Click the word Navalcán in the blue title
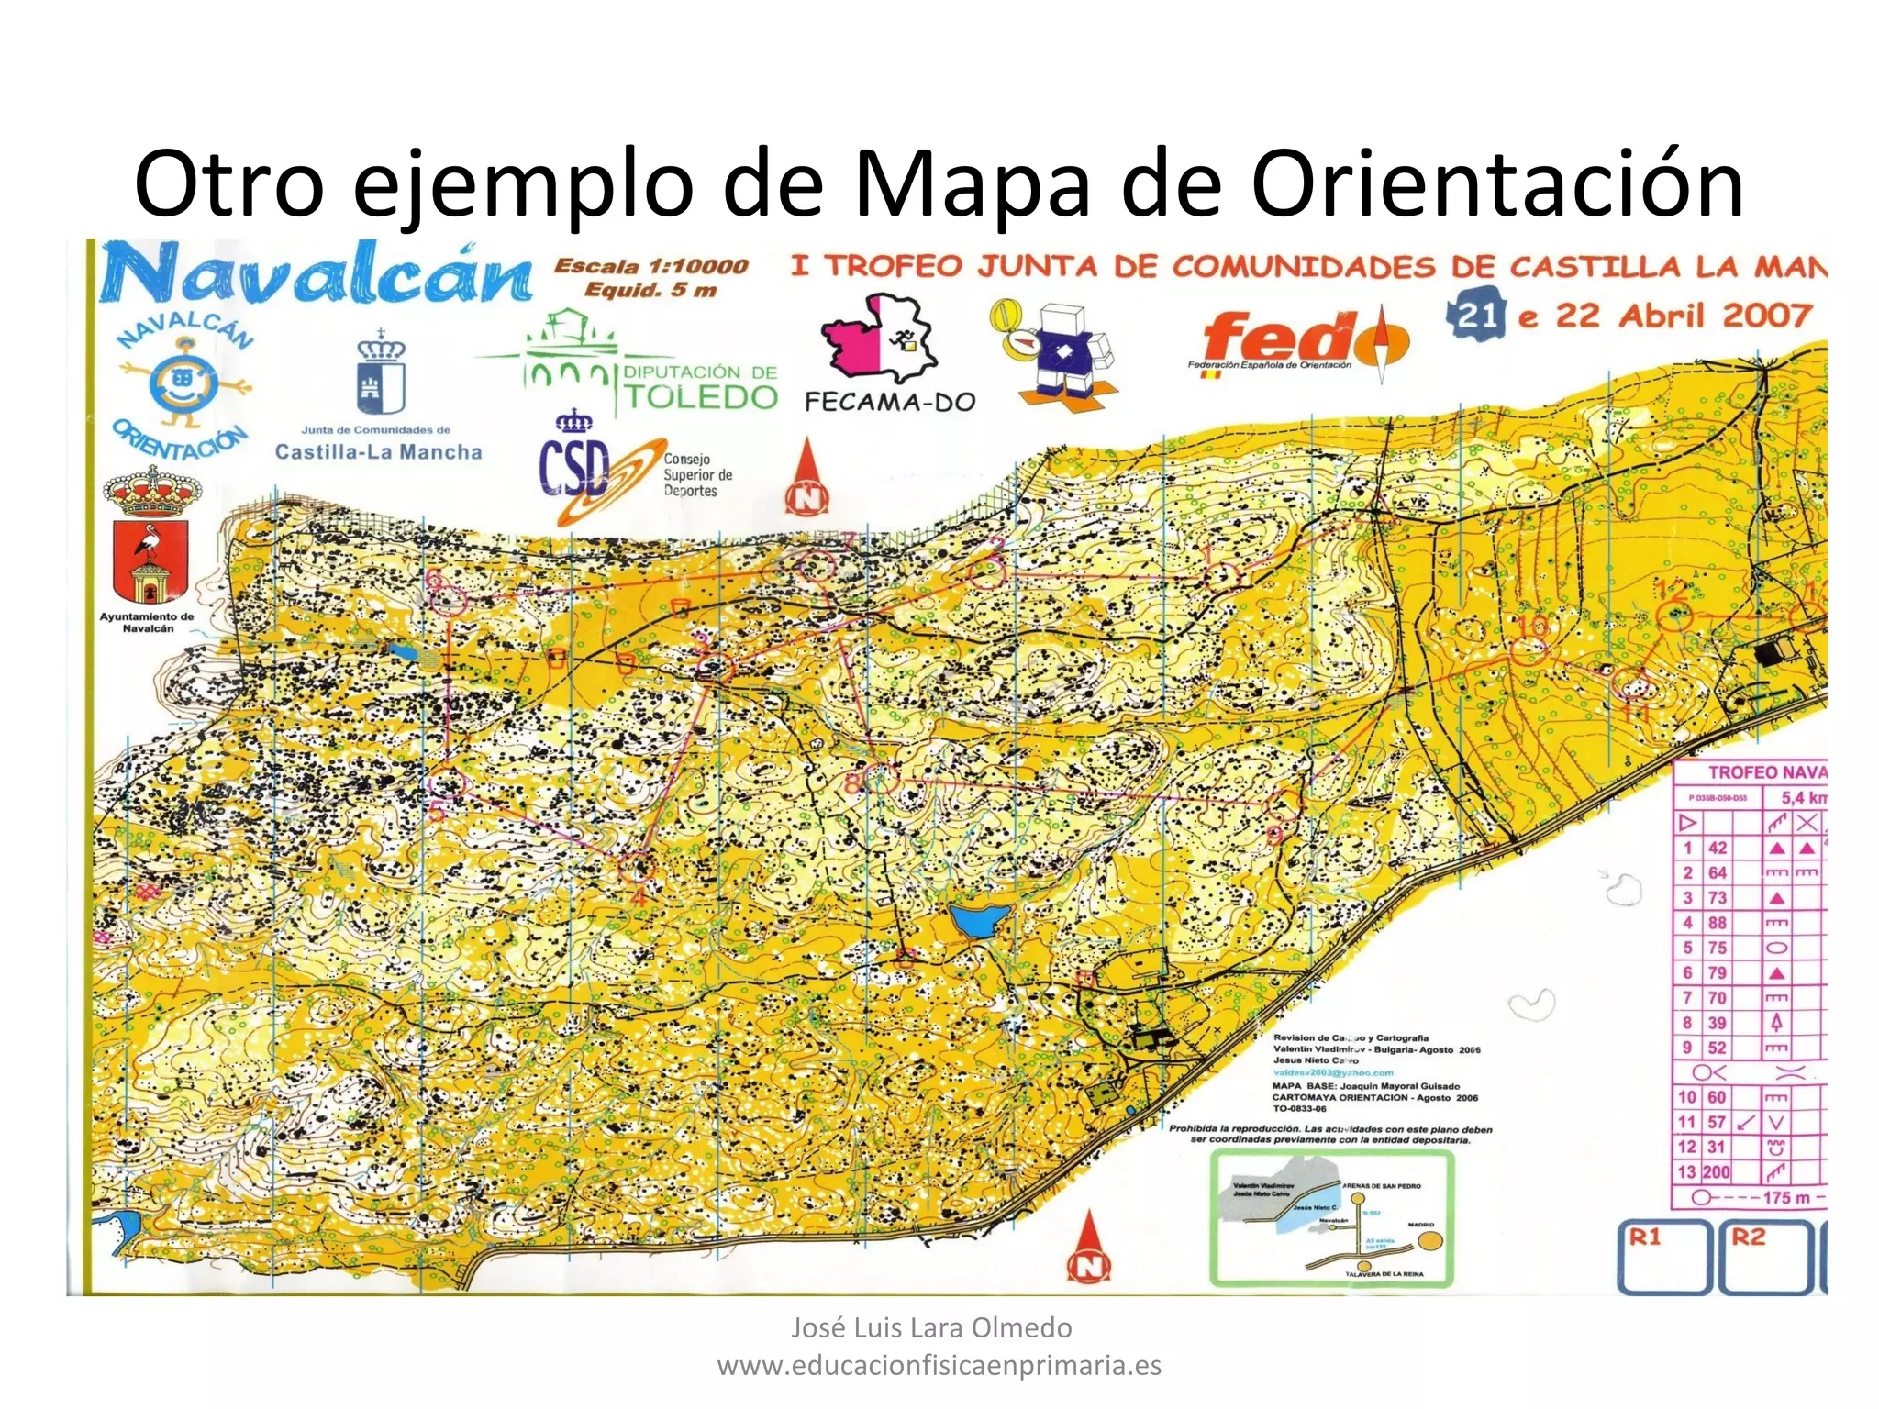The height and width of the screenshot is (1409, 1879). (317, 273)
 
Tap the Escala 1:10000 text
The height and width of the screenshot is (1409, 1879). (650, 267)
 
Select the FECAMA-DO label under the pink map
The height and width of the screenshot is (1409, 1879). (889, 402)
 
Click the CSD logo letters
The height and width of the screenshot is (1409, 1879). (574, 468)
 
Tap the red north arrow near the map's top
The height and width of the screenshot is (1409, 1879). (806, 479)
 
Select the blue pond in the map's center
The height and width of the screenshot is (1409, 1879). (979, 919)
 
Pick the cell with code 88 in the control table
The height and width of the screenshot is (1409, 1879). (1717, 923)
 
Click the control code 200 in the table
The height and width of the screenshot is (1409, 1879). (1716, 1172)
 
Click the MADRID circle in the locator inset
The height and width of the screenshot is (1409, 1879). (1429, 1241)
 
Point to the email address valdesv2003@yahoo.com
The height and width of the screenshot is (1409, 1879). (1333, 1072)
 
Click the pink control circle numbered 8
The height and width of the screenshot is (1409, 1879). (882, 780)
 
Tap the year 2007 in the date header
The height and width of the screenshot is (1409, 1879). (1766, 316)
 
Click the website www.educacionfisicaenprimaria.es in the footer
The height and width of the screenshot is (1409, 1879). (939, 1366)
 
